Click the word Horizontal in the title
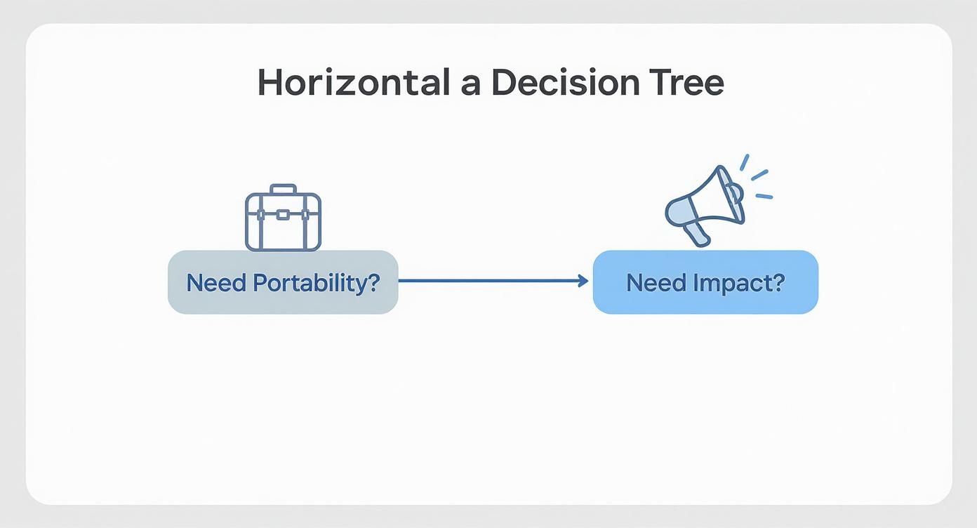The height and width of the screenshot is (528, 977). [354, 82]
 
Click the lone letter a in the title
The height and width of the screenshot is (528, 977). [471, 86]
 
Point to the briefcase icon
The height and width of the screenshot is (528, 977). [284, 218]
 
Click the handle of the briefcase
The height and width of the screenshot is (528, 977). [284, 188]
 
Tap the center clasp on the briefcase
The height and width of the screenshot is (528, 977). [283, 215]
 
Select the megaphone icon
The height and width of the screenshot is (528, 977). [718, 201]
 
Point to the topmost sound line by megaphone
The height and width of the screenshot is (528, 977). [745, 162]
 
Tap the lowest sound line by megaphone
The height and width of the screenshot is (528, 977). [764, 197]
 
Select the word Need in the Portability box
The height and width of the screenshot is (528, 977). [216, 283]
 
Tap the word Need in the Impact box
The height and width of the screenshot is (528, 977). [656, 283]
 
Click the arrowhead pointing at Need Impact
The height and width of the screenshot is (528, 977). [583, 281]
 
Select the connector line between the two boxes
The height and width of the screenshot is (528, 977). [493, 281]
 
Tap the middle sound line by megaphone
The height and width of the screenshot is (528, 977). [759, 175]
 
